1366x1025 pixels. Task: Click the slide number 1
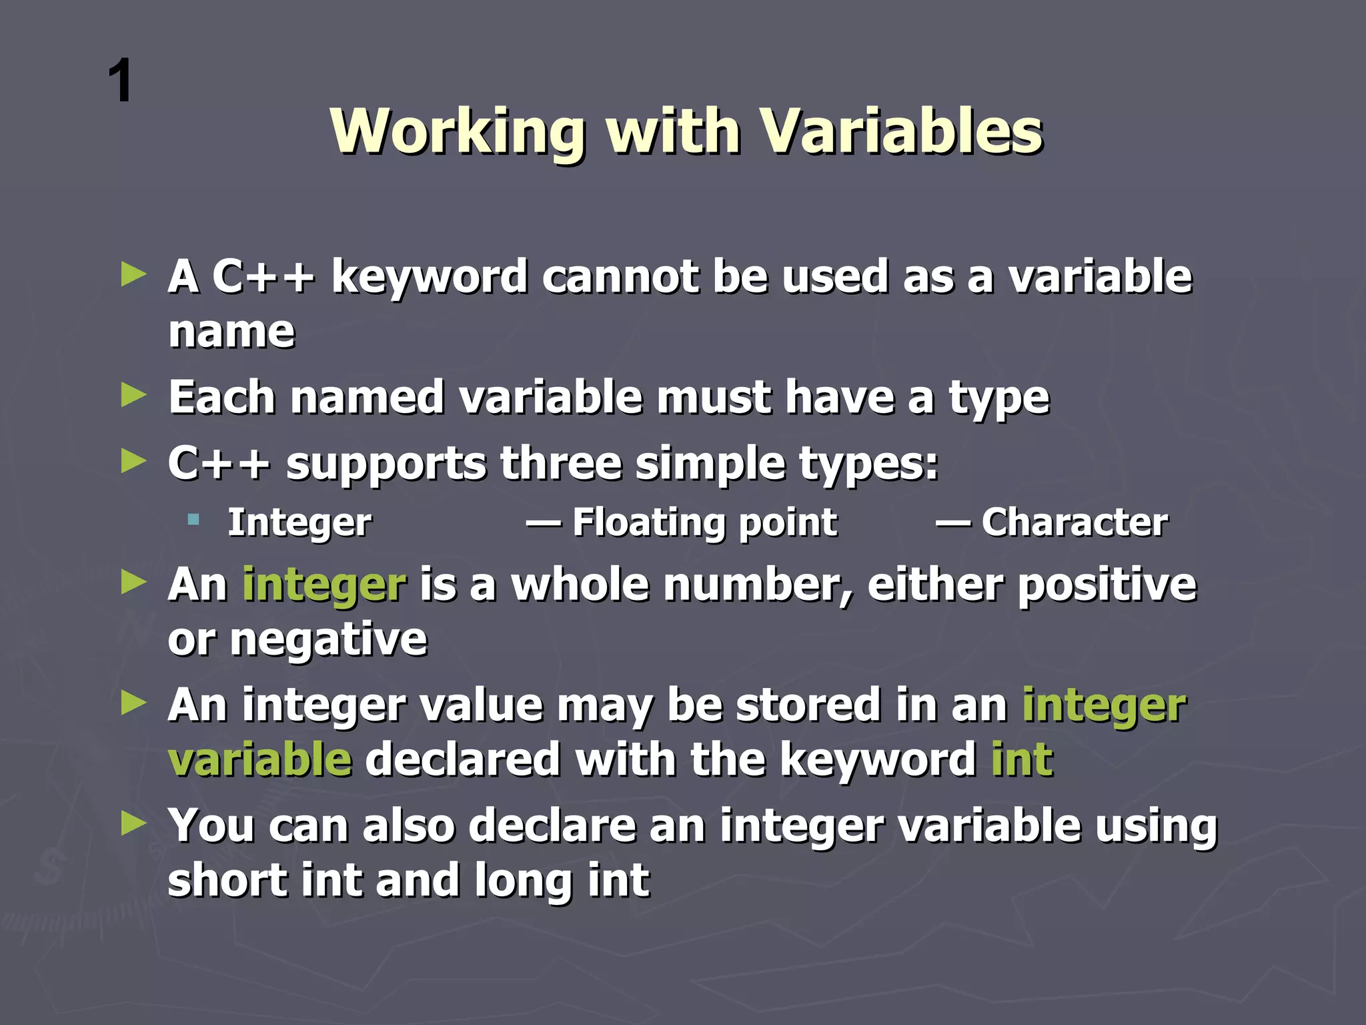[121, 81]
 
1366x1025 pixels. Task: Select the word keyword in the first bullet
[430, 276]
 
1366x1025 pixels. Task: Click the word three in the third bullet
[560, 463]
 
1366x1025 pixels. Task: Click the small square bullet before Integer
[193, 519]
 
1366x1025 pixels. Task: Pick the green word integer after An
[323, 585]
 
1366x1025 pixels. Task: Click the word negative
[328, 640]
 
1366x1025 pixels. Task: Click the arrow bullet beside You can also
[133, 825]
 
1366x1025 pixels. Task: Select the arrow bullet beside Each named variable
[133, 396]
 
